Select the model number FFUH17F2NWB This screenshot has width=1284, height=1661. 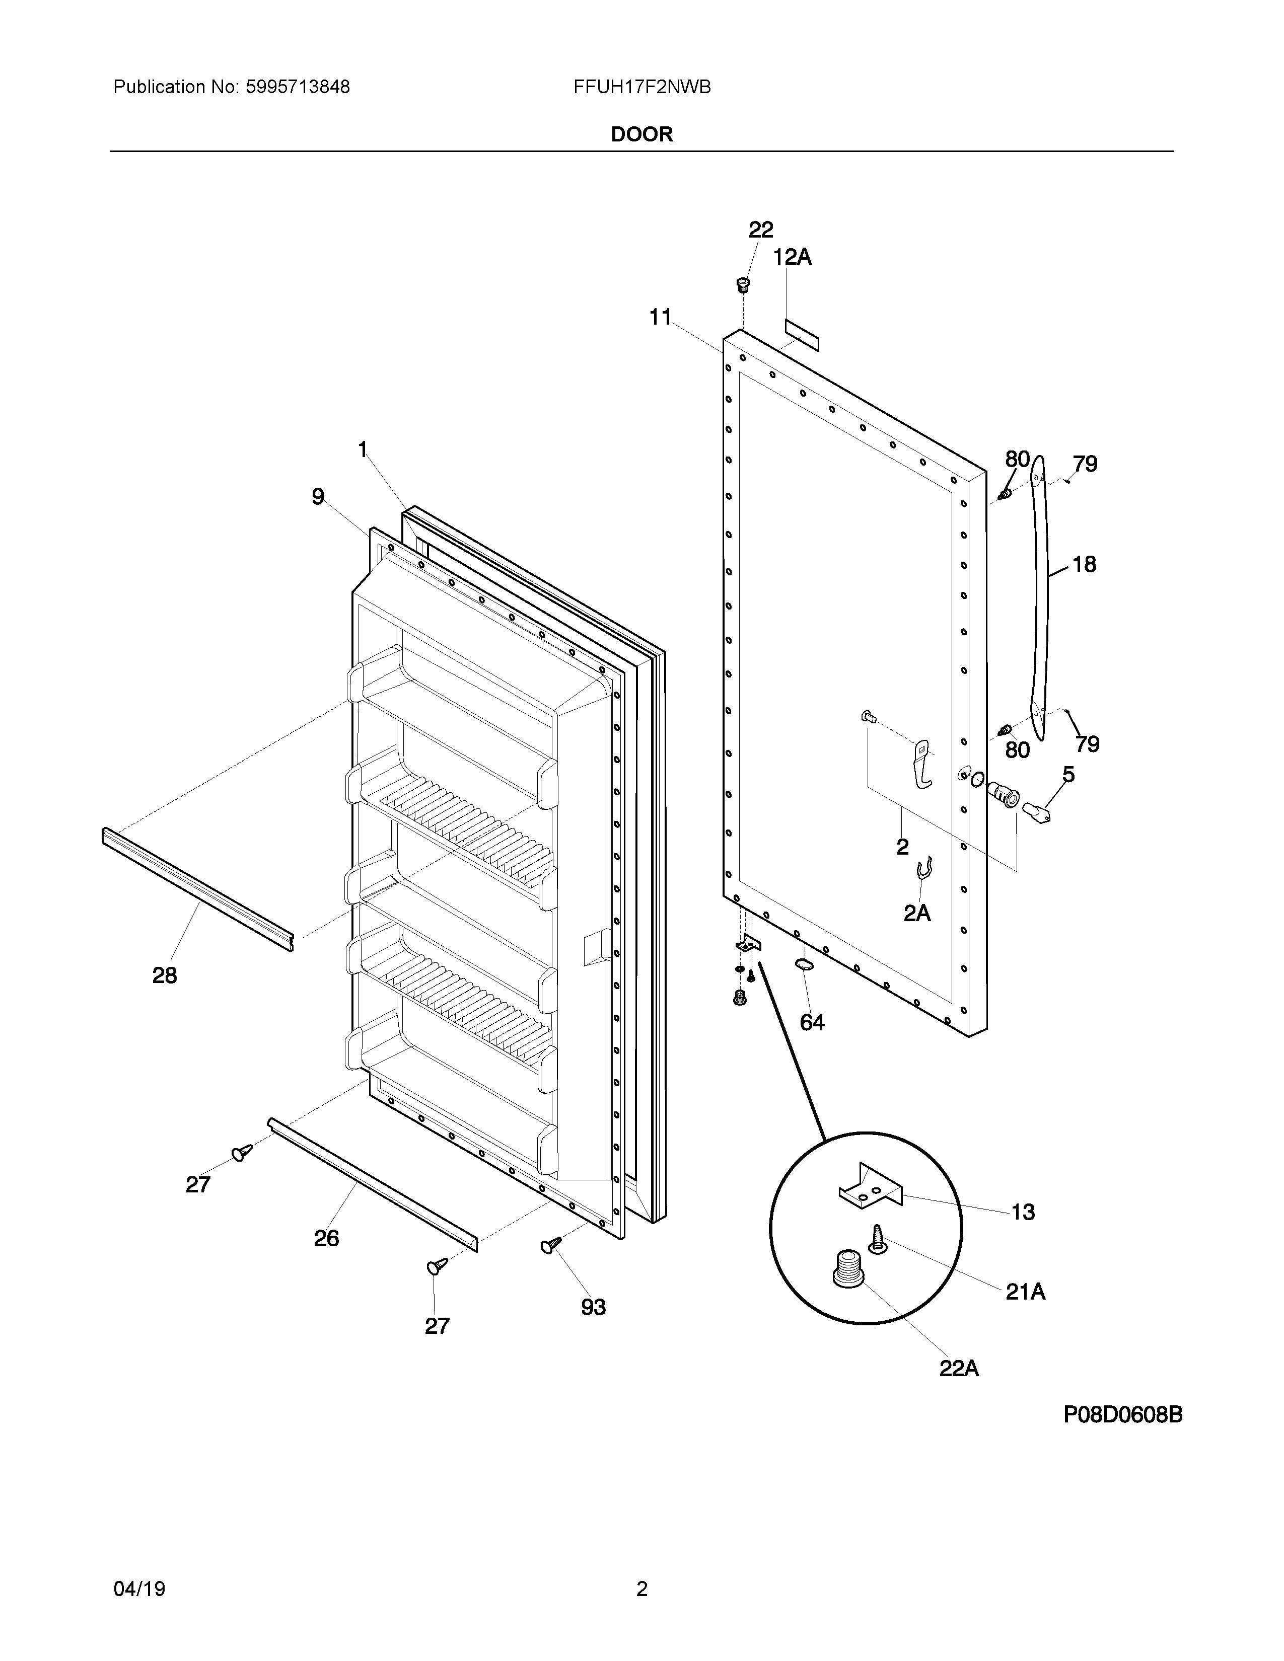click(642, 88)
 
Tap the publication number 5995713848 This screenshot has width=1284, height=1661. click(298, 88)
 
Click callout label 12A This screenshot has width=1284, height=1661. click(793, 258)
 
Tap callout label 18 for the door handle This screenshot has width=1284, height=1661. click(1084, 564)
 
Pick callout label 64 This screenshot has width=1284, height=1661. click(812, 1023)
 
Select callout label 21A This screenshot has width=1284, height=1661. click(1025, 1292)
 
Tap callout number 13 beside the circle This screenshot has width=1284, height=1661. click(1022, 1213)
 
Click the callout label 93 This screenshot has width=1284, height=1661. click(593, 1307)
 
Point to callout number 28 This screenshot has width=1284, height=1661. click(164, 976)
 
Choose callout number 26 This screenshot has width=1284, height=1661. click(326, 1239)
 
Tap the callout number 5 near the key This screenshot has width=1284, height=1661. click(1068, 775)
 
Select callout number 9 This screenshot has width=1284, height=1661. click(318, 497)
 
